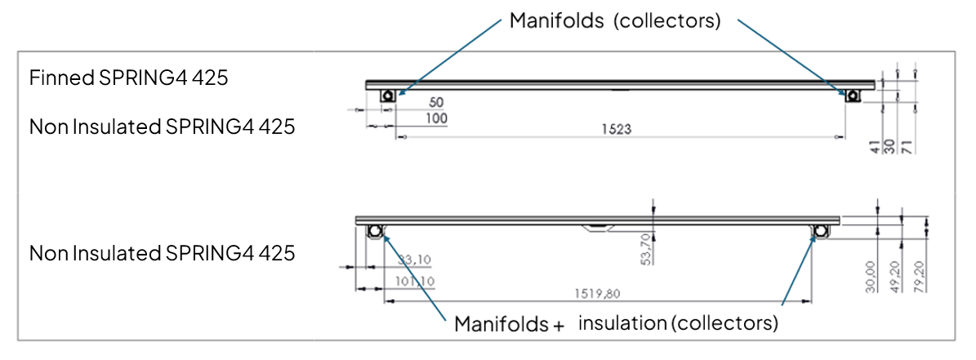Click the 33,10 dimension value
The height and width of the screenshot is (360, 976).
point(414,260)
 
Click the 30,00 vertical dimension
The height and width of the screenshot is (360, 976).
point(871,276)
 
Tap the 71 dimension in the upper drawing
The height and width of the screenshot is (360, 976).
point(908,144)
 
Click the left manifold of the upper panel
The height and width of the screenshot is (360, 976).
point(389,96)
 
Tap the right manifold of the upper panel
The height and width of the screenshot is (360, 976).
point(853,96)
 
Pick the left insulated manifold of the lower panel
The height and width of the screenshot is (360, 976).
point(375,232)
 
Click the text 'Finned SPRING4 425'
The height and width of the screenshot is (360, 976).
point(128,78)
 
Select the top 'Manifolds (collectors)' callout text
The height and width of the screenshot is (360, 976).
point(614,20)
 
